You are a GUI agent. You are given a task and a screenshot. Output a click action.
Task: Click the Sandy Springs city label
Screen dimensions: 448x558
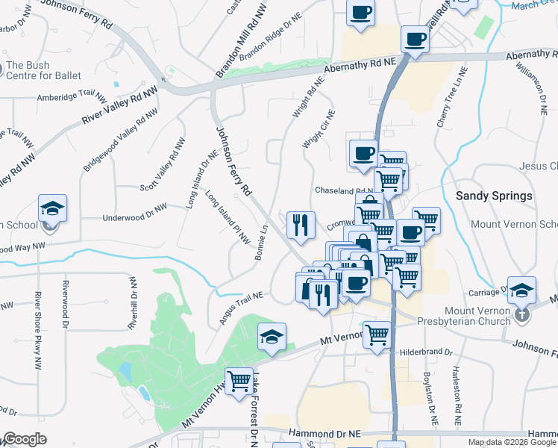[494, 196]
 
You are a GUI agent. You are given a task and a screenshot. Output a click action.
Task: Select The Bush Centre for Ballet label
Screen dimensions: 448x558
[43, 70]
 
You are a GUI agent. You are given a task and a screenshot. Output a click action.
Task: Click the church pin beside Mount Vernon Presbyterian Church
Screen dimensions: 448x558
[522, 315]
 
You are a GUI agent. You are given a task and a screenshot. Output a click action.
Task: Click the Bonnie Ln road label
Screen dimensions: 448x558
[261, 243]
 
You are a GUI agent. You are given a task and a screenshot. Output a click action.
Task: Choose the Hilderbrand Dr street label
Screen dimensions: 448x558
[426, 351]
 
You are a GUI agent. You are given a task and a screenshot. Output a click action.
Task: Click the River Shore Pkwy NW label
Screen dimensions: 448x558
[37, 329]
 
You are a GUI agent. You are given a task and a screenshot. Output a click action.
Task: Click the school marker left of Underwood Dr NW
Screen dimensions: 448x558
[53, 208]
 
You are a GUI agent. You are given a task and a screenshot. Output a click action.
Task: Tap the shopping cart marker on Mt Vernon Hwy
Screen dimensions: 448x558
[239, 382]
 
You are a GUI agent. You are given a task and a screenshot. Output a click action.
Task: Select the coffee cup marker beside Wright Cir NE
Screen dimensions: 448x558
[363, 154]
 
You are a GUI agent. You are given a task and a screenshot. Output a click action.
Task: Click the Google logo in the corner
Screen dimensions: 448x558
[25, 439]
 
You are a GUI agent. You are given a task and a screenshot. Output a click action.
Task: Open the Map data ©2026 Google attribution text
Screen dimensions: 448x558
[511, 442]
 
